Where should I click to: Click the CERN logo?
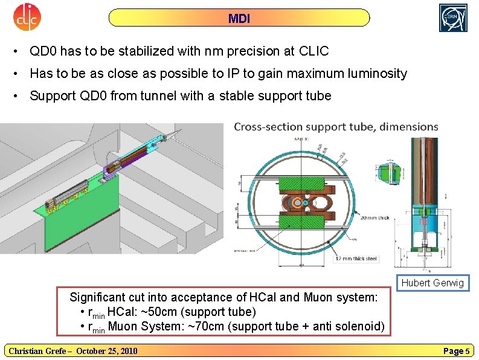[x=453, y=18]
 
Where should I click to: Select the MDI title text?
[x=239, y=18]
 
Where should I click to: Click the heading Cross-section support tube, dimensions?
[x=336, y=127]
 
